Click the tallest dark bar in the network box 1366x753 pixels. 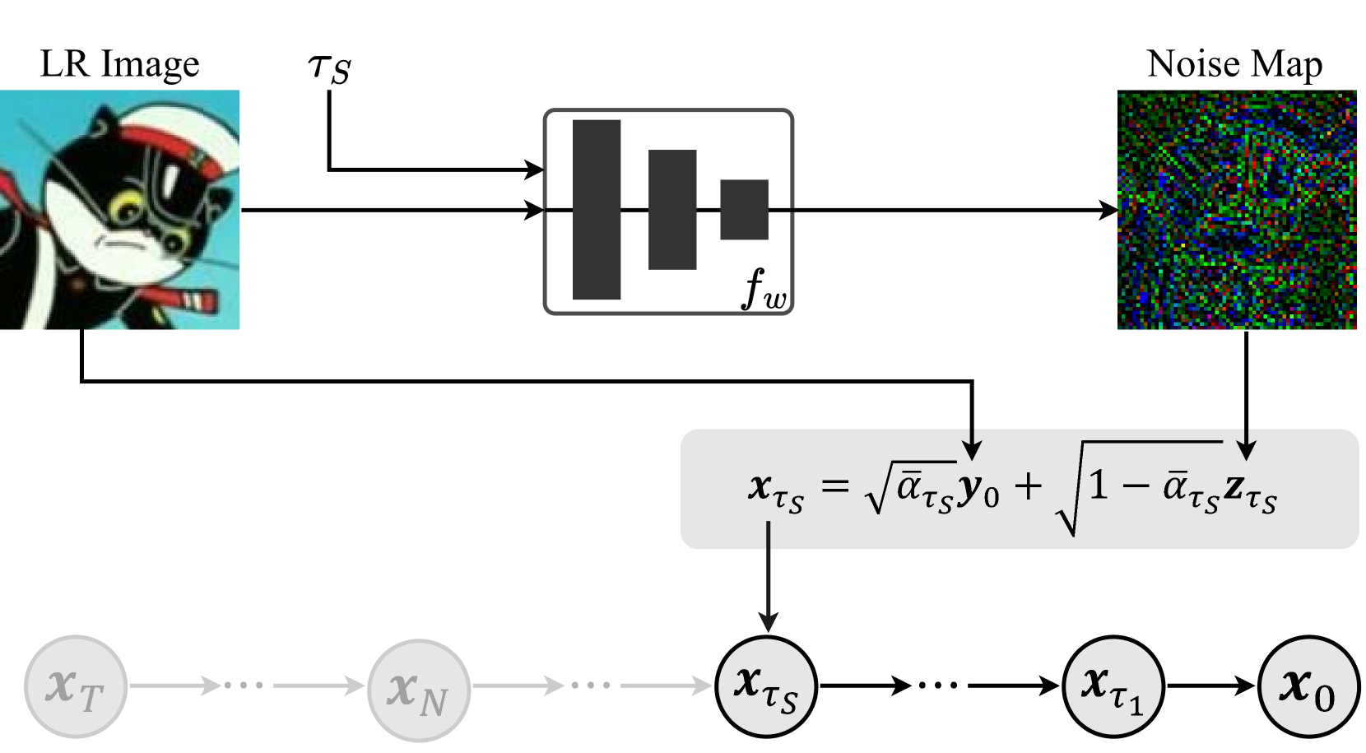(x=596, y=210)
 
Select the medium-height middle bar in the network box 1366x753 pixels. (x=671, y=209)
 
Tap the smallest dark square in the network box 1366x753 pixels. (x=744, y=210)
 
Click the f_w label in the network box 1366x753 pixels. (x=764, y=290)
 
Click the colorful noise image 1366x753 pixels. (x=1237, y=210)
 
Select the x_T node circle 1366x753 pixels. (x=76, y=686)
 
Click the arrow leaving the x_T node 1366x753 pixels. (x=174, y=686)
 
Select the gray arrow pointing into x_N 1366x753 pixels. (x=318, y=686)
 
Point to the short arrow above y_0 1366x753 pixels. (x=973, y=444)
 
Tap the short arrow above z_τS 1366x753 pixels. (x=1247, y=444)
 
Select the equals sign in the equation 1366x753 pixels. (x=834, y=486)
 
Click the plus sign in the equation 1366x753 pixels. (x=1028, y=486)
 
